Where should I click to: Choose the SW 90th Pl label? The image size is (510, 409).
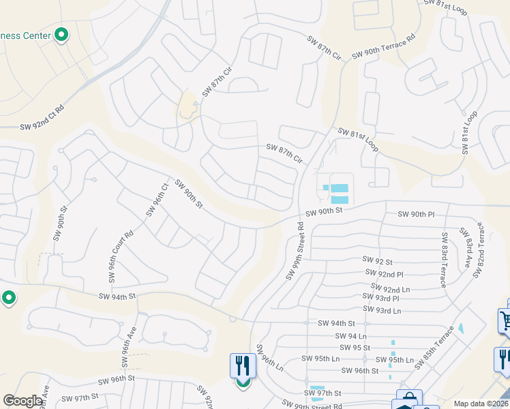coord(416,214)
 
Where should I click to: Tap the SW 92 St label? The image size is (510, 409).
coord(378,261)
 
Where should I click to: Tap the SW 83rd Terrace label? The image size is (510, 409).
coord(445,260)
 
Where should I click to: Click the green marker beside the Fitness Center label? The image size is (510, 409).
coord(61,35)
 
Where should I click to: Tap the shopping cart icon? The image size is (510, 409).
coord(505,320)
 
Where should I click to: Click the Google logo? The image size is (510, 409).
coord(22,401)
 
